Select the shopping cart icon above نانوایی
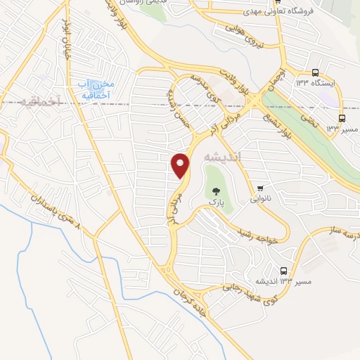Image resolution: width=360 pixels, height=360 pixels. [262, 188]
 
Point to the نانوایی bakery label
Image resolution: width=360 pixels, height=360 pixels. [262, 199]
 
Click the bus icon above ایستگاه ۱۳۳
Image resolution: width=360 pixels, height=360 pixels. [316, 72]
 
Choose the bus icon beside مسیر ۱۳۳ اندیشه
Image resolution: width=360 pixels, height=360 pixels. [283, 271]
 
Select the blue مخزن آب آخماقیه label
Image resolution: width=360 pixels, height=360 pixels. [94, 89]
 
